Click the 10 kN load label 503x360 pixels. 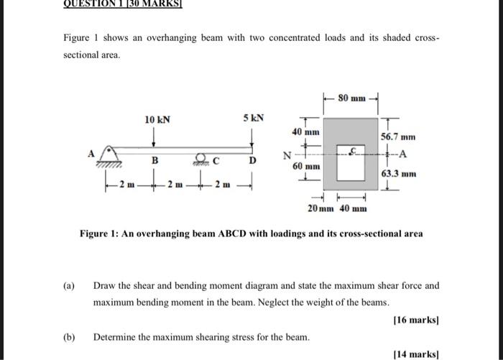[157, 120]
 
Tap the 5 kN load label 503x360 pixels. [254, 119]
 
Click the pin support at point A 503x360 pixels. [108, 154]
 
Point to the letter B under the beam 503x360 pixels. [154, 162]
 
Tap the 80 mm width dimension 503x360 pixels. [353, 97]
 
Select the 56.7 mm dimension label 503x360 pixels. [398, 137]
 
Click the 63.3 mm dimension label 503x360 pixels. [398, 174]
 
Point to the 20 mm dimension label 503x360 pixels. [320, 208]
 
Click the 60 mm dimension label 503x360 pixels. [306, 166]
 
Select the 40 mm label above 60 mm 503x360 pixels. [306, 132]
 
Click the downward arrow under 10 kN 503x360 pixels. [155, 137]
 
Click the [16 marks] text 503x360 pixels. [416, 320]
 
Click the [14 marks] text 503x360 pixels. [416, 354]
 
